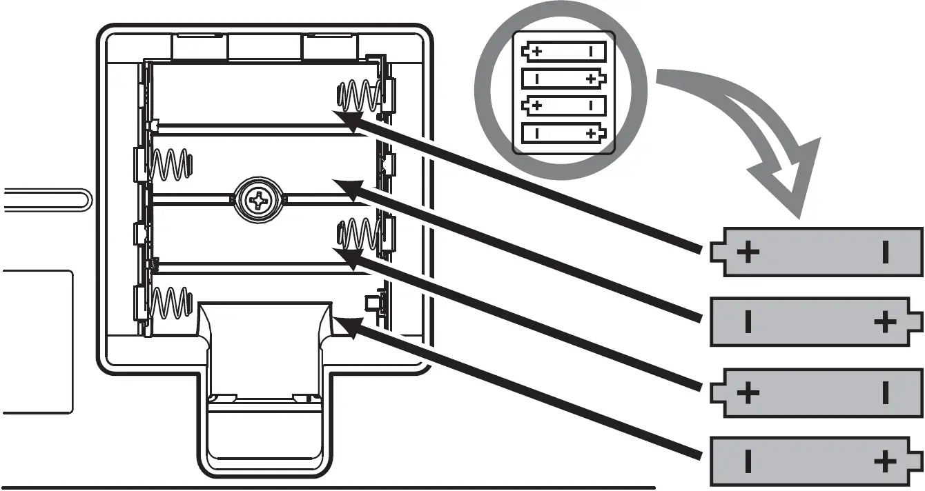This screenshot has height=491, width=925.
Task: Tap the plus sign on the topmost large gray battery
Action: pos(748,252)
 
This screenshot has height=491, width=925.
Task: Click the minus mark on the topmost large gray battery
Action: pos(885,253)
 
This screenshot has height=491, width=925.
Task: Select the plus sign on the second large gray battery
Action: pos(884,321)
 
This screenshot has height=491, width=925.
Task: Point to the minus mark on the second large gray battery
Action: pos(748,321)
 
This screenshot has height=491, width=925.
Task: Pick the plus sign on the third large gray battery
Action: pos(748,393)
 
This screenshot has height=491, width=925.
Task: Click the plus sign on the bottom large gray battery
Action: pos(884,462)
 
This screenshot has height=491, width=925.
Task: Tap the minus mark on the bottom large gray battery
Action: pos(748,462)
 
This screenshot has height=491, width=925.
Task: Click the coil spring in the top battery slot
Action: pos(359,94)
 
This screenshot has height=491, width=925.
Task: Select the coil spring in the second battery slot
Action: pos(170,166)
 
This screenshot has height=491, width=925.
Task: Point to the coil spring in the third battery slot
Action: pos(359,233)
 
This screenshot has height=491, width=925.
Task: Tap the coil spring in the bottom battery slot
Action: pos(170,303)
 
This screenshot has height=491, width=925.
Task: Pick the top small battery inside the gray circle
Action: pos(564,52)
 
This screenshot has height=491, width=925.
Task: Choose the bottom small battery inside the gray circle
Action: pos(564,134)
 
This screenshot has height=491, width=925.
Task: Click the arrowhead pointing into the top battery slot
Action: pos(345,119)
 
